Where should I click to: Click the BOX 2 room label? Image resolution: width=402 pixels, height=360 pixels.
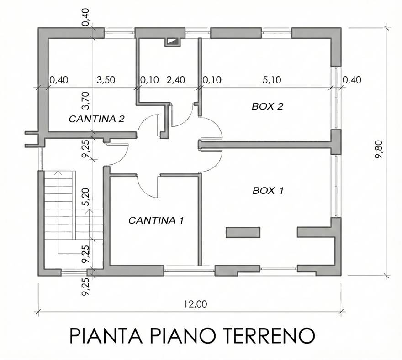268,107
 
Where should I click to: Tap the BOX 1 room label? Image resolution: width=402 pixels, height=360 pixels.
268,191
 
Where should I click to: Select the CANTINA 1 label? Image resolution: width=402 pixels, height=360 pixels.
156,220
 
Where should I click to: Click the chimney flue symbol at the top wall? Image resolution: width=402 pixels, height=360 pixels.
172,42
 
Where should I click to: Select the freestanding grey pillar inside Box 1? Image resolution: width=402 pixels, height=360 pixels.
243,232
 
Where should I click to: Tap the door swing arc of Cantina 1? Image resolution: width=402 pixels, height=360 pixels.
146,186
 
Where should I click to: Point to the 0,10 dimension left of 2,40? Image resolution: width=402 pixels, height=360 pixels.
149,80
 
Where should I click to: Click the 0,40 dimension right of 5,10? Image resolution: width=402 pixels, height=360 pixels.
351,80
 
